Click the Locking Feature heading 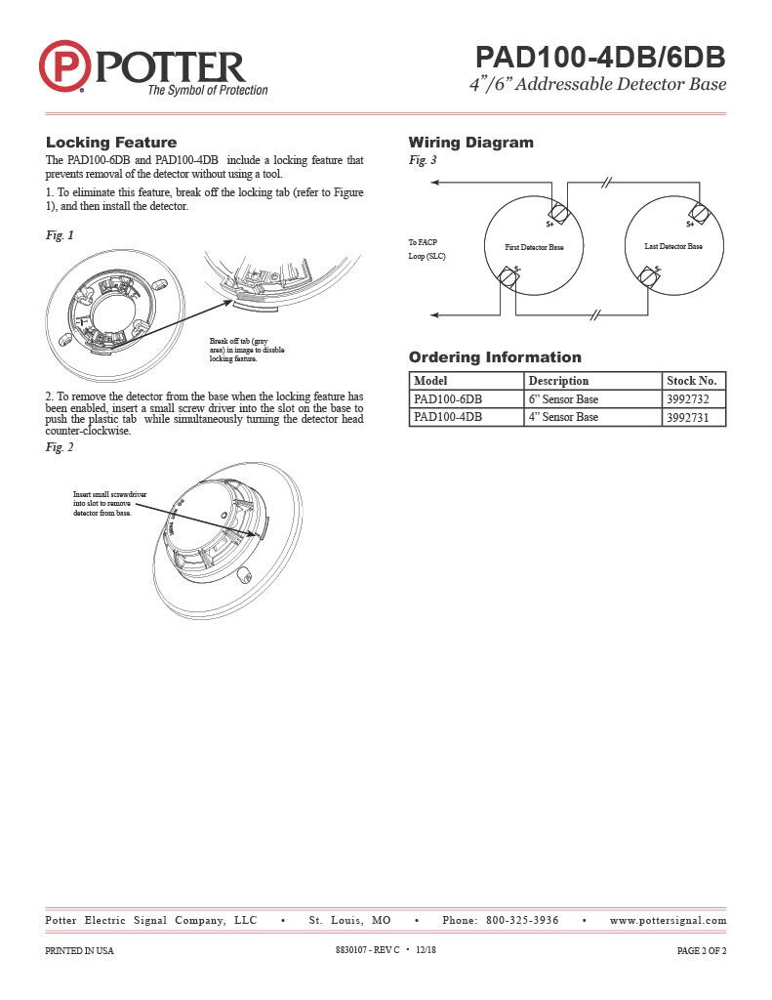click(x=111, y=143)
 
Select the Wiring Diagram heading click(x=470, y=143)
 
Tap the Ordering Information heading click(x=494, y=357)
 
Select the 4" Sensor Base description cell click(x=563, y=417)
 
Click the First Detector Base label click(x=534, y=248)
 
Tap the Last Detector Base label click(x=673, y=247)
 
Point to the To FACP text click(x=423, y=241)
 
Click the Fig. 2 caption click(x=60, y=447)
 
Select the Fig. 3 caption click(x=422, y=160)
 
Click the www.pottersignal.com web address click(x=668, y=921)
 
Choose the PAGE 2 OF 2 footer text click(x=702, y=950)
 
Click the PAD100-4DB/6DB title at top click(x=600, y=55)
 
